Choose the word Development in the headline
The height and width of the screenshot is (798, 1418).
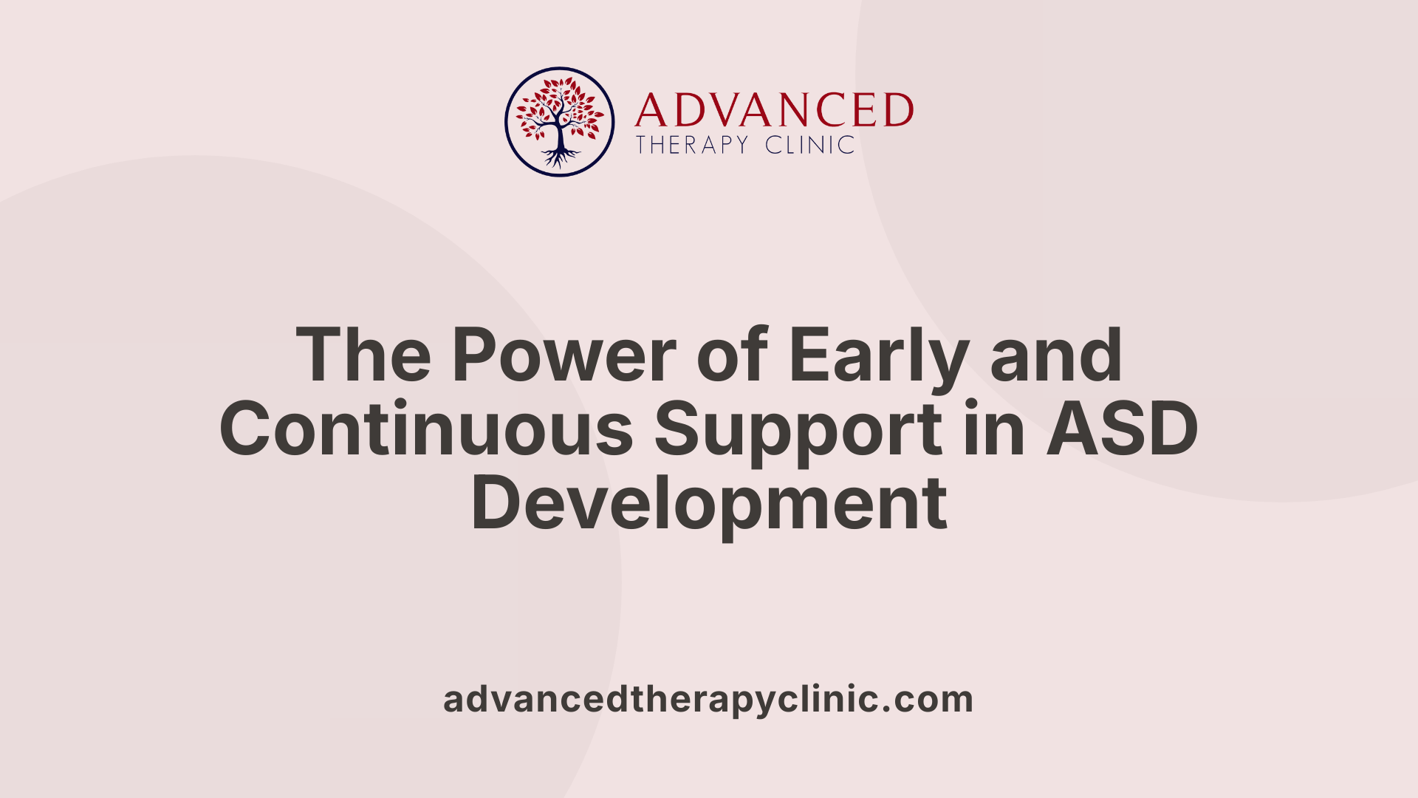click(709, 505)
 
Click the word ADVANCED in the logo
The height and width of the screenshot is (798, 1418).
click(773, 111)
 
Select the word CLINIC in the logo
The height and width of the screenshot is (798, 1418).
click(809, 145)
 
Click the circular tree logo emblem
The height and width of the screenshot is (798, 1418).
click(559, 122)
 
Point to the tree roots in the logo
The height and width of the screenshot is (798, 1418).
click(560, 157)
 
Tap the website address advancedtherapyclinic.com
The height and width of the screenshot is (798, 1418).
click(708, 700)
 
